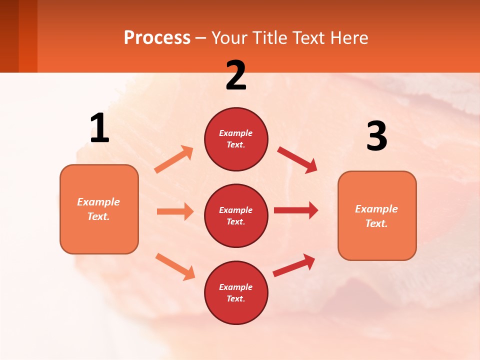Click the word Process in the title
pos(157,38)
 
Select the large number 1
pos(99,128)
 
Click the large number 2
pos(236,75)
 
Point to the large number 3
pos(376,136)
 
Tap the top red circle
pos(236,139)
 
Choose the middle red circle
pos(236,215)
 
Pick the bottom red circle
pos(236,292)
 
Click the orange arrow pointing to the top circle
pos(174,159)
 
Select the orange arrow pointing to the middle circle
pos(175,211)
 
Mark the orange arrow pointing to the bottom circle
pos(175,266)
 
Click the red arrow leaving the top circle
pos(297,160)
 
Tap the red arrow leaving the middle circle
pos(296,210)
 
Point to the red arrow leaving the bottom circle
pos(294,265)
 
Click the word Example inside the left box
pos(98,202)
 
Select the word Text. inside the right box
pos(376,223)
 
